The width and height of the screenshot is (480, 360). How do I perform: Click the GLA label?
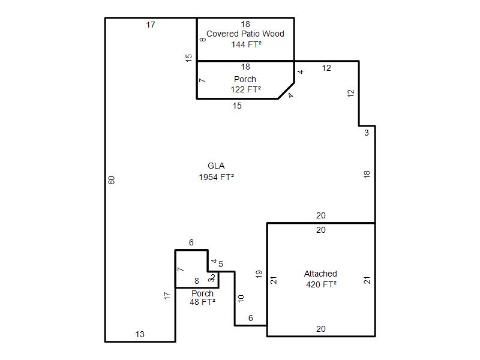point(216,166)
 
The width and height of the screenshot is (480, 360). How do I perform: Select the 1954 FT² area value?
point(217,177)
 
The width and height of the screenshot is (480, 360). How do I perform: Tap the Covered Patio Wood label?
point(245,34)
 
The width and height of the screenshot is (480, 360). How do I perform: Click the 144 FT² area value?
point(247,44)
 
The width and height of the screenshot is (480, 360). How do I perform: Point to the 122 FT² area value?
point(246,89)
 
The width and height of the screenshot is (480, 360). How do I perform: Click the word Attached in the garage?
point(320,274)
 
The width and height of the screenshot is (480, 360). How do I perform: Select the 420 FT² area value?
point(322,284)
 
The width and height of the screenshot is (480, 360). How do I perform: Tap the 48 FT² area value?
point(202,302)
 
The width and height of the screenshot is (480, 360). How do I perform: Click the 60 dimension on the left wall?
point(112,180)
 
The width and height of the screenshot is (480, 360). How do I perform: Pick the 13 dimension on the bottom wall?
point(140,334)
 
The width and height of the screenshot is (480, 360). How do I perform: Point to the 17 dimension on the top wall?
point(151,25)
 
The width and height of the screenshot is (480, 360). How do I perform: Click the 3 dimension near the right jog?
point(367,133)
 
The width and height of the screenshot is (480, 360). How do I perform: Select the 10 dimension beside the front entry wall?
point(241,298)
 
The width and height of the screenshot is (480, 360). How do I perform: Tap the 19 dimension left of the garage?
point(259,274)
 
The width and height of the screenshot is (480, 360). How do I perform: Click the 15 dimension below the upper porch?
point(237,106)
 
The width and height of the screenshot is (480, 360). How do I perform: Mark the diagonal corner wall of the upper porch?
point(286,91)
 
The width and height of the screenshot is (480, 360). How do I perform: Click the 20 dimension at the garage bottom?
point(321,329)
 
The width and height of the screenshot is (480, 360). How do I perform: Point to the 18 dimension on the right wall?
point(367,175)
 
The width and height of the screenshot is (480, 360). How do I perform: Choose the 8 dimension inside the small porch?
point(197,281)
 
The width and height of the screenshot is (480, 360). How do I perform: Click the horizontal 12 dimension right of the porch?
point(326,68)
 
